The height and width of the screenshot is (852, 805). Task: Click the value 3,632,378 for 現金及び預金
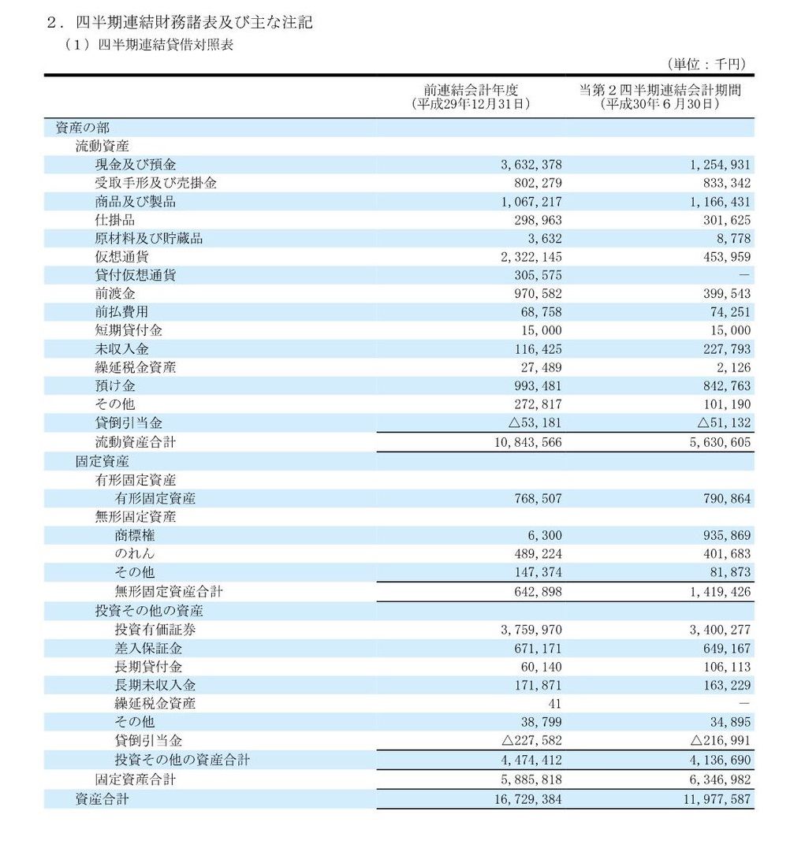pos(531,166)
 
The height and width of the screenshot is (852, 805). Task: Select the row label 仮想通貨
pos(121,257)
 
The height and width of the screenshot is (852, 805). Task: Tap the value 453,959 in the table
pos(721,257)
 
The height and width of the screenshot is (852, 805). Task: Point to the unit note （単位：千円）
pos(706,65)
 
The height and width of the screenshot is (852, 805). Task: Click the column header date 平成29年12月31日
pos(471,103)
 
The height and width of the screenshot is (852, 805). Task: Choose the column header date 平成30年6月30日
pos(660,103)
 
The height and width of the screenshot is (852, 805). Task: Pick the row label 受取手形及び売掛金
pos(155,184)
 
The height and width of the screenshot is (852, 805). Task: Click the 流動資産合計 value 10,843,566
pos(526,443)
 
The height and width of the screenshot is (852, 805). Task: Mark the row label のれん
pos(135,553)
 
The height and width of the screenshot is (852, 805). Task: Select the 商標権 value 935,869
pos(721,536)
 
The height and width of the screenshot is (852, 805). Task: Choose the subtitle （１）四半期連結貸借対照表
pos(149,45)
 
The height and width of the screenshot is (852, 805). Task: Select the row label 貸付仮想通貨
pos(135,275)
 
